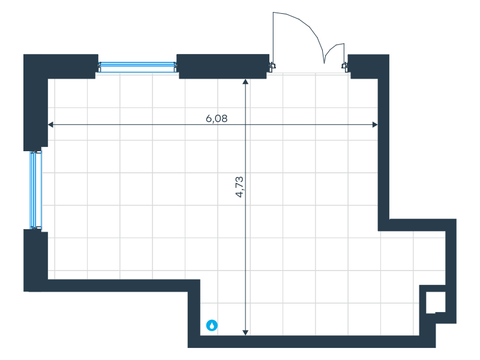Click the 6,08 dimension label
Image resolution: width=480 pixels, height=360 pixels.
click(217, 118)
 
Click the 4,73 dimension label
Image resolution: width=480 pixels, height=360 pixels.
click(239, 187)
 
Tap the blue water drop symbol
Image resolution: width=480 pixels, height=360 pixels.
click(212, 325)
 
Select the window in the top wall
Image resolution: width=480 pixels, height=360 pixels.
click(137, 67)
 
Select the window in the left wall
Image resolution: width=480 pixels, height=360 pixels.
click(37, 190)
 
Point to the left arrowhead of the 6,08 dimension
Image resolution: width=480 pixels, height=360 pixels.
click(50, 125)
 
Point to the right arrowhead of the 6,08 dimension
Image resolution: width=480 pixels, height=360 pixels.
click(375, 125)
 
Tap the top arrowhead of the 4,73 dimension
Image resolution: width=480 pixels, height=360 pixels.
click(245, 82)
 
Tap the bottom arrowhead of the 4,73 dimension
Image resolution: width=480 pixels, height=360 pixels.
click(245, 332)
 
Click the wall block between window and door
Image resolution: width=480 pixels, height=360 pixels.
click(222, 66)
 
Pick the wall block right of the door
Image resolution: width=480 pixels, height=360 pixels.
click(367, 66)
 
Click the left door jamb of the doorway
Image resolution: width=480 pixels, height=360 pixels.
click(272, 66)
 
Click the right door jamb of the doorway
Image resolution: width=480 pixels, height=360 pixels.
click(344, 66)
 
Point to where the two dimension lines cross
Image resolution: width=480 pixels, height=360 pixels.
click(245, 125)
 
